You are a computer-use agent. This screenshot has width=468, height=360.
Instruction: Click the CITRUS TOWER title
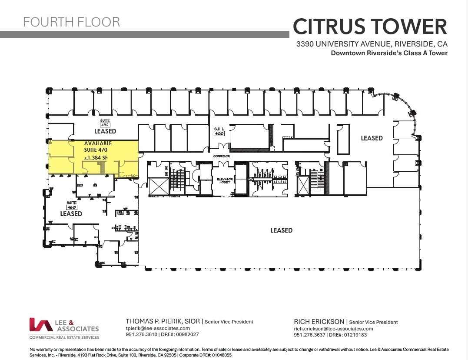[370, 27]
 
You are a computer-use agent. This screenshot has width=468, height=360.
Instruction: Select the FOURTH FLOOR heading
[71, 22]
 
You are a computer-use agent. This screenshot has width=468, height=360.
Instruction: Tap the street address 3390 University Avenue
[372, 44]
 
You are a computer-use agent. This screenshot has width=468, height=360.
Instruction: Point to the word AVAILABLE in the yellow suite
[98, 143]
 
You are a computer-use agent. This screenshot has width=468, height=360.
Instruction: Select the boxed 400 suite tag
[219, 133]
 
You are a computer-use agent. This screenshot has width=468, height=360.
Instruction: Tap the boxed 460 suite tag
[71, 207]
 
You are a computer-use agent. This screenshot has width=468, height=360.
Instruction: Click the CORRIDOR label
[221, 156]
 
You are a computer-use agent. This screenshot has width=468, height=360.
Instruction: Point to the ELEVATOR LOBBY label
[226, 181]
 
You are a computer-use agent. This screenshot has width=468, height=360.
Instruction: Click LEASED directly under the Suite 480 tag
[106, 131]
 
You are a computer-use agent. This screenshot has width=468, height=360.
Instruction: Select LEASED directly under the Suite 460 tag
[71, 214]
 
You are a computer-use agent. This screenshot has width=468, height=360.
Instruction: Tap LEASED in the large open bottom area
[282, 230]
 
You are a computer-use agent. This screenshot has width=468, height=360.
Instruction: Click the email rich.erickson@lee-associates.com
[333, 329]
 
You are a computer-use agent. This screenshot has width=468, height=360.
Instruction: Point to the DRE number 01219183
[354, 335]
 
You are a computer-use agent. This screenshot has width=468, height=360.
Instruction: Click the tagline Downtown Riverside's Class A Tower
[389, 53]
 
